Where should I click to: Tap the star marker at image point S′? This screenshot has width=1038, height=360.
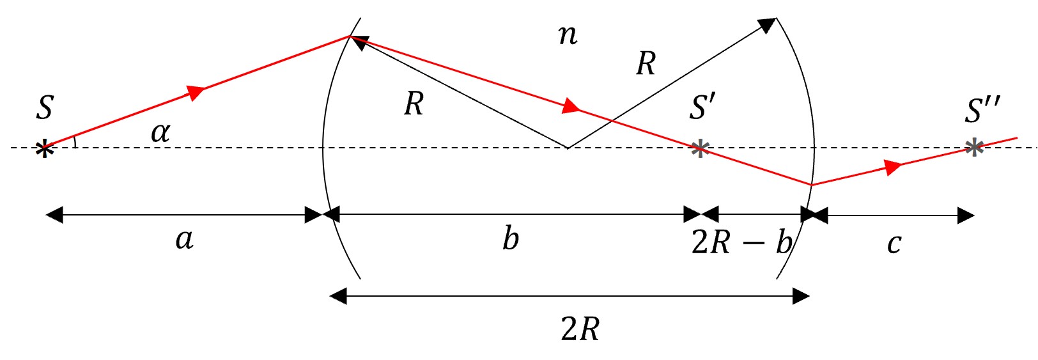pyautogui.click(x=700, y=149)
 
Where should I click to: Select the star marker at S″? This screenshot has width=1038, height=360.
pyautogui.click(x=974, y=148)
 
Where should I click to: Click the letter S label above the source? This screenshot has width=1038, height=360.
pyautogui.click(x=45, y=108)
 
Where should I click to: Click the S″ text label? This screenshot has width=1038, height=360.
pyautogui.click(x=982, y=110)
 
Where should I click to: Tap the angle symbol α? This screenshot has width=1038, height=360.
pyautogui.click(x=160, y=132)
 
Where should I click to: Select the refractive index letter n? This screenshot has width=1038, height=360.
pyautogui.click(x=568, y=36)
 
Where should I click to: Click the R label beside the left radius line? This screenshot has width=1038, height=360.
pyautogui.click(x=414, y=104)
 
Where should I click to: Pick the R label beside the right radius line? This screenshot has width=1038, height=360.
pyautogui.click(x=646, y=63)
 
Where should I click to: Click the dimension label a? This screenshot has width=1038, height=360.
pyautogui.click(x=185, y=240)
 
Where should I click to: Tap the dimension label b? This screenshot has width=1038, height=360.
pyautogui.click(x=511, y=239)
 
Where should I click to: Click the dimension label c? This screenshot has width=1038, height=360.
pyautogui.click(x=894, y=244)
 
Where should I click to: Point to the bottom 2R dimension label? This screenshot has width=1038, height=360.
pyautogui.click(x=580, y=329)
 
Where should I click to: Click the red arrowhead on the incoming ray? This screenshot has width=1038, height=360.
pyautogui.click(x=196, y=91)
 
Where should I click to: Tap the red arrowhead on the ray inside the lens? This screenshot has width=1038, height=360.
pyautogui.click(x=571, y=106)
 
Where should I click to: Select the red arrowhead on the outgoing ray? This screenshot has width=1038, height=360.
pyautogui.click(x=893, y=167)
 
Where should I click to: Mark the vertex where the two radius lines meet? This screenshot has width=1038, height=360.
pyautogui.click(x=568, y=148)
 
